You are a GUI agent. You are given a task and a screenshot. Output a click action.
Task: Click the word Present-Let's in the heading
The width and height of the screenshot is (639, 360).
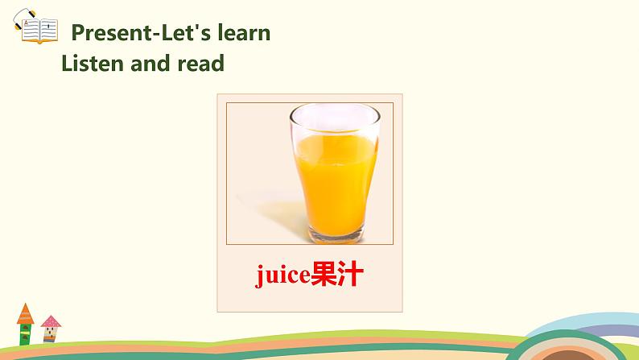pyautogui.click(x=142, y=32)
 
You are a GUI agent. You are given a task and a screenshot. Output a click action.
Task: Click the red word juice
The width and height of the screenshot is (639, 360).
pyautogui.click(x=282, y=275)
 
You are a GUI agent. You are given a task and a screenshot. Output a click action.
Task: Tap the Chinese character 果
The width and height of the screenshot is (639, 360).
pyautogui.click(x=324, y=274)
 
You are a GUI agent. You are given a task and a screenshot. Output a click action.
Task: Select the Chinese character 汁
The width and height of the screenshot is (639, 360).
pyautogui.click(x=350, y=274)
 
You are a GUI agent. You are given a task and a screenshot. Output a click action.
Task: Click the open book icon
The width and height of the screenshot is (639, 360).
pyautogui.click(x=39, y=31)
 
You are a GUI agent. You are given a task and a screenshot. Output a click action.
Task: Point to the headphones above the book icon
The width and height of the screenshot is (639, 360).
pyautogui.click(x=23, y=19)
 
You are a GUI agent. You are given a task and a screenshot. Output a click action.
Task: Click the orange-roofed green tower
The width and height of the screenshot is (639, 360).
pyautogui.click(x=25, y=325)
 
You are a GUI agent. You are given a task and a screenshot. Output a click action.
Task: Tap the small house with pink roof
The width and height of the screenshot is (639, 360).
pyautogui.click(x=51, y=329)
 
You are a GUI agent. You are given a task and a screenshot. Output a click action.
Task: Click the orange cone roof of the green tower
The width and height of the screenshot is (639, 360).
pyautogui.click(x=25, y=313)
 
